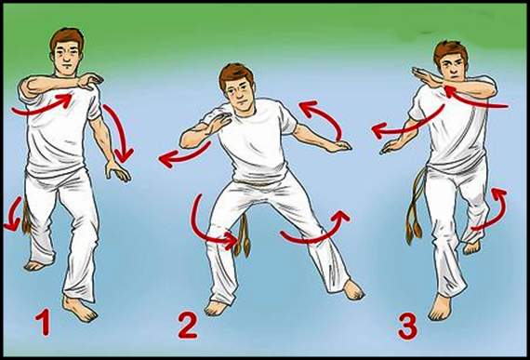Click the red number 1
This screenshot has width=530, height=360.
click(x=45, y=323)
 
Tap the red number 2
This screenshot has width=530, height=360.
click(x=188, y=326)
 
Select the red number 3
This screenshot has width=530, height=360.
click(x=407, y=326)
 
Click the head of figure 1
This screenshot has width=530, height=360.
click(x=67, y=51)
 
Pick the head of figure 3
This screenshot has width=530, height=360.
click(x=451, y=60)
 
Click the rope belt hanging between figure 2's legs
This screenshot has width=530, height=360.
click(x=243, y=236)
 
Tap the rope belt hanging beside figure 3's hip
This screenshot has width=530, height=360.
click(x=415, y=207)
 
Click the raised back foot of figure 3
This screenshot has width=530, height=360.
click(x=472, y=247)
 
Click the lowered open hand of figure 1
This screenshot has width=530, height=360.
click(x=117, y=171)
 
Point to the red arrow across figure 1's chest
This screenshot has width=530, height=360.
click(x=42, y=105)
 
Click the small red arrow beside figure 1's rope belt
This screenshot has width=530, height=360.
click(x=13, y=215)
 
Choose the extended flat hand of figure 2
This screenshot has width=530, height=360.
click(x=338, y=146)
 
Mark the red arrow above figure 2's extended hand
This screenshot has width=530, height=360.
click(x=326, y=115)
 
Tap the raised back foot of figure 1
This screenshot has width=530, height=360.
click(x=34, y=265)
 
